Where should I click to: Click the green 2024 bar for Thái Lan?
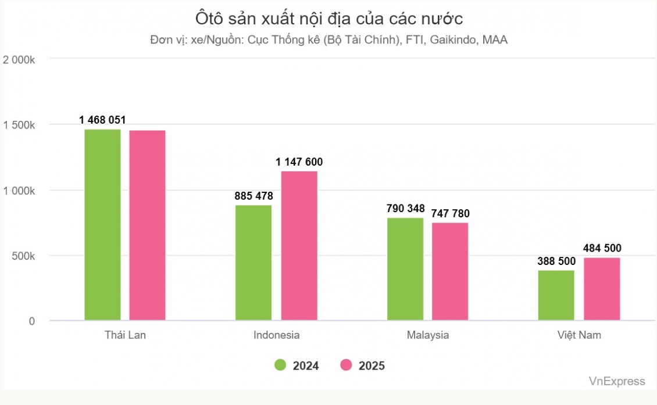(x=102, y=224)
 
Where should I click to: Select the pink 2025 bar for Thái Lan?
(x=147, y=225)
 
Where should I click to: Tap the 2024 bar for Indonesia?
(x=253, y=263)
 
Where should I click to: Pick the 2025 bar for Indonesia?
(x=299, y=245)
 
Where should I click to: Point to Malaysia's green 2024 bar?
(x=405, y=269)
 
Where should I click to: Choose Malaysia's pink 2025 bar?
(x=450, y=271)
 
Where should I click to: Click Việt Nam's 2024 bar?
(x=556, y=295)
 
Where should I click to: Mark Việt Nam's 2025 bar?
(x=602, y=289)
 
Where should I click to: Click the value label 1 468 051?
(x=102, y=120)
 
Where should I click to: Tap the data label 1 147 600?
(x=299, y=162)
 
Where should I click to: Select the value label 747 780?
(x=450, y=214)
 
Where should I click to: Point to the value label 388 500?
(x=556, y=261)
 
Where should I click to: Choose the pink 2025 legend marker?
(x=347, y=365)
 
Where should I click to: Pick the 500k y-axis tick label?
(x=24, y=256)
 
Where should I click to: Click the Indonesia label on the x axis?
(x=277, y=335)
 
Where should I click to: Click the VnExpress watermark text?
(x=617, y=381)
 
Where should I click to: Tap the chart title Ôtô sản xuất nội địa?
(x=328, y=19)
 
